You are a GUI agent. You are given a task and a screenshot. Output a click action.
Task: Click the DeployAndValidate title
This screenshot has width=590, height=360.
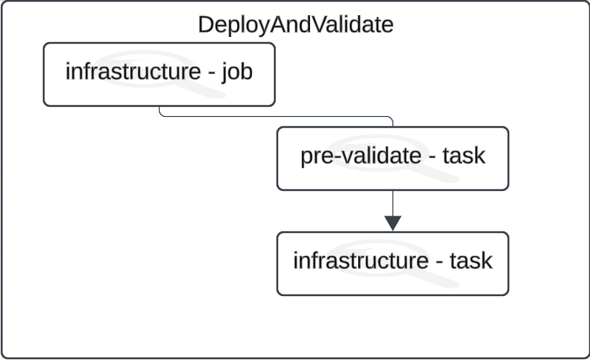click(295, 24)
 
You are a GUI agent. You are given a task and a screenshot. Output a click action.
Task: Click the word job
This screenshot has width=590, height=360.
click(237, 72)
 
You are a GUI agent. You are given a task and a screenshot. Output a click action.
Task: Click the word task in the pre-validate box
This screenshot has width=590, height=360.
click(463, 156)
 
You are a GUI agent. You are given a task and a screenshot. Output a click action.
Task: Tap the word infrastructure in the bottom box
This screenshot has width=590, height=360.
click(359, 262)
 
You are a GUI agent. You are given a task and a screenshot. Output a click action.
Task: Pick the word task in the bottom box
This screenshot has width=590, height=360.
click(471, 262)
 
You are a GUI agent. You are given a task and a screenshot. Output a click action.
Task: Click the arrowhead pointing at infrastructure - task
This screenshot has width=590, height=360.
click(392, 223)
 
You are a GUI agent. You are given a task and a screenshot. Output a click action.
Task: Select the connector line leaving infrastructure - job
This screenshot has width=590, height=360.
click(277, 117)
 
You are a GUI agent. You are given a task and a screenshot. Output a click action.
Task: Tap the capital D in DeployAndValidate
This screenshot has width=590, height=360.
click(205, 24)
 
